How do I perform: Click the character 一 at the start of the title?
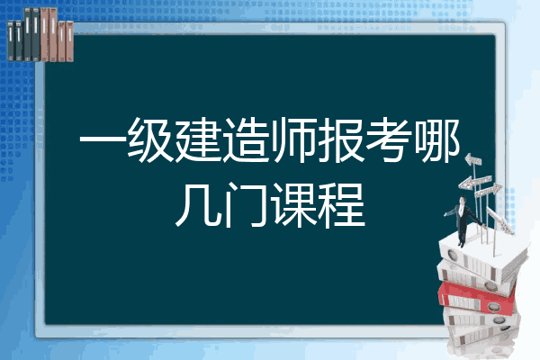(x=103, y=140)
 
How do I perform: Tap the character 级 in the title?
(x=150, y=140)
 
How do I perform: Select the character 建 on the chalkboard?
(x=198, y=140)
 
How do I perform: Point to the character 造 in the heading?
(x=246, y=140)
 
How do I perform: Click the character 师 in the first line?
(x=293, y=140)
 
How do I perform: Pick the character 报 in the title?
(x=341, y=140)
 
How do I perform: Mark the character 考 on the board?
(x=389, y=140)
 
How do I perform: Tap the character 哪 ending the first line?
(x=437, y=140)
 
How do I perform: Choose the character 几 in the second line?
(x=198, y=205)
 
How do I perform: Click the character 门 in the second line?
(x=246, y=205)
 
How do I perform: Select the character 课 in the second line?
(x=293, y=205)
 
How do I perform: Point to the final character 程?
(x=341, y=205)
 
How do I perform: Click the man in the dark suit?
(x=463, y=220)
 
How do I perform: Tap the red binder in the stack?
(x=477, y=298)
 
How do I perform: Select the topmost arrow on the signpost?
(x=473, y=159)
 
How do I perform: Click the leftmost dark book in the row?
(x=11, y=41)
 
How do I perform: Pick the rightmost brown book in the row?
(x=69, y=41)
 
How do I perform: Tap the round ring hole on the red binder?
(x=493, y=307)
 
